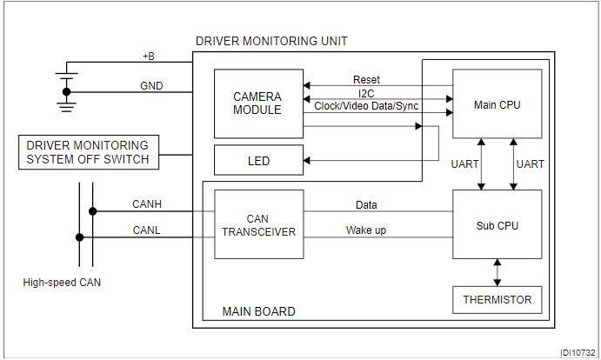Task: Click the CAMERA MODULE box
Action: pyautogui.click(x=258, y=103)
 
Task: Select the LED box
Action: pyautogui.click(x=258, y=160)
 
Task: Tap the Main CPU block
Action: pyautogui.click(x=497, y=103)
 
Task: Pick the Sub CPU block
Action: pyautogui.click(x=497, y=224)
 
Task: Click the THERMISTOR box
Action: pyautogui.click(x=497, y=300)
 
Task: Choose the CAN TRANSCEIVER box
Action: pyautogui.click(x=258, y=224)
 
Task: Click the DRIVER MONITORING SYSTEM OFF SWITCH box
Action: pyautogui.click(x=89, y=152)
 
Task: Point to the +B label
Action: pyautogui.click(x=149, y=57)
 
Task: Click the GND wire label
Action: pyautogui.click(x=151, y=86)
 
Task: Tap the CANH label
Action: pyautogui.click(x=147, y=204)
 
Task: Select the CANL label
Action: pyautogui.click(x=146, y=230)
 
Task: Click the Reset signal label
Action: pyautogui.click(x=366, y=80)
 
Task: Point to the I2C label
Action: pyautogui.click(x=366, y=93)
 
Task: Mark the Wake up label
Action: pyautogui.click(x=366, y=230)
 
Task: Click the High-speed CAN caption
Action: pyautogui.click(x=62, y=283)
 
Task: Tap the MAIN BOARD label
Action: pyautogui.click(x=258, y=311)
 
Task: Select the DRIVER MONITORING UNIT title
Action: pyautogui.click(x=271, y=41)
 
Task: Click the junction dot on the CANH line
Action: pyautogui.click(x=93, y=211)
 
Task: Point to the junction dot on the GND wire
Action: pyautogui.click(x=67, y=92)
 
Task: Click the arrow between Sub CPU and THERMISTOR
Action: pyautogui.click(x=497, y=272)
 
